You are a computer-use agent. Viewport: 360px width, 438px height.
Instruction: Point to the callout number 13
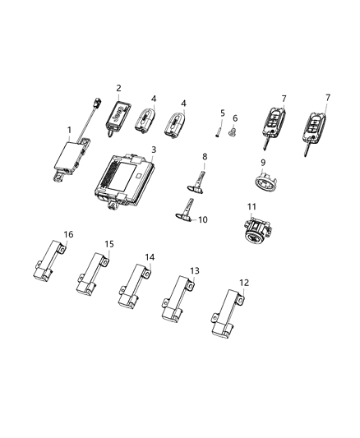point(195,270)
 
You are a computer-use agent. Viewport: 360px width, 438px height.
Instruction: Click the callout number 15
point(109,244)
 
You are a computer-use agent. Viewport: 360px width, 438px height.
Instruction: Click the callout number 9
point(264,162)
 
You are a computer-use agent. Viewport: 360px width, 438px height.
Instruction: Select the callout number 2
point(118,88)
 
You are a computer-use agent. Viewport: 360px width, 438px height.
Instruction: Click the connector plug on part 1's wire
point(95,107)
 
